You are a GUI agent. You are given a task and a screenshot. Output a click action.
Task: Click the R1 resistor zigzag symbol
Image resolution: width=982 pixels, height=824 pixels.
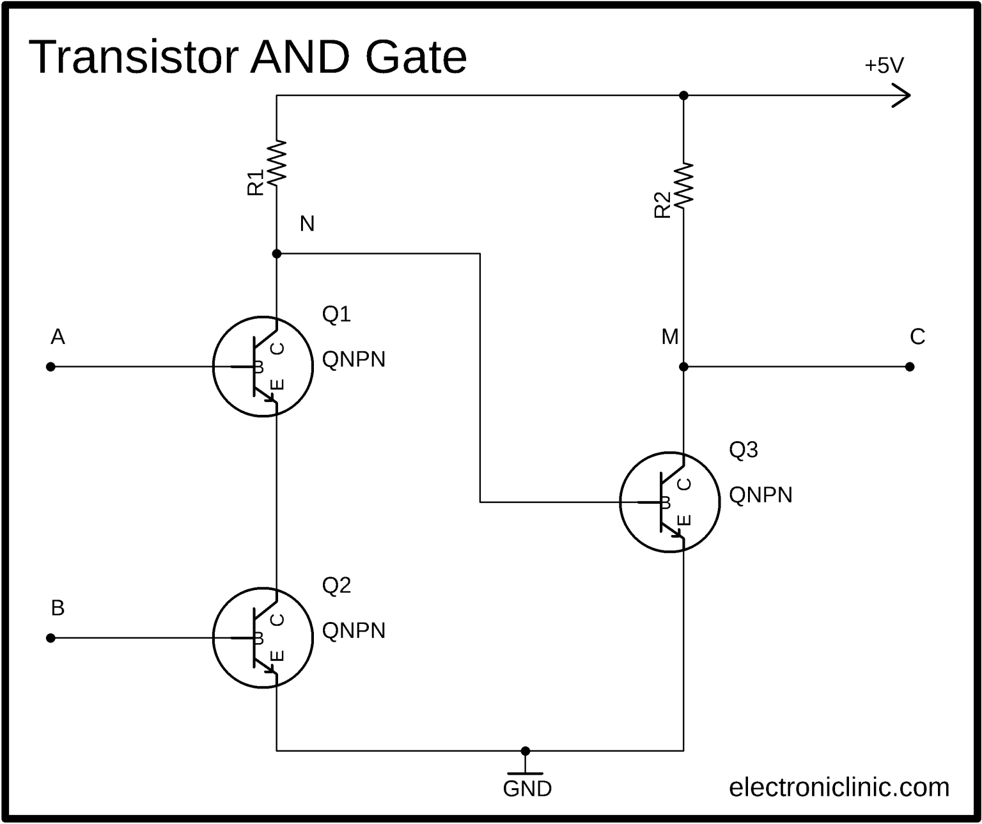[x=277, y=163]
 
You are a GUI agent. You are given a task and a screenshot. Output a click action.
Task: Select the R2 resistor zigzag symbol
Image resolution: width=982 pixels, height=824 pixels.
[x=683, y=185]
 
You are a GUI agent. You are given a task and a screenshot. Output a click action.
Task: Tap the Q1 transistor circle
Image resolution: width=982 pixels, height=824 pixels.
[x=263, y=366]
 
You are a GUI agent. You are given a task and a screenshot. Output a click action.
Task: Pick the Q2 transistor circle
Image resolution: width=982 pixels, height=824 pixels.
[x=263, y=637]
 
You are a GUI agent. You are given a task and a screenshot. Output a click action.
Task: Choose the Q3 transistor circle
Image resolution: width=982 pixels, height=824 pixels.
[x=670, y=502]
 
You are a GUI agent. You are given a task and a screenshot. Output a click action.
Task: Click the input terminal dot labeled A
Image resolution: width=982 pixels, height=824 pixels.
[x=51, y=367]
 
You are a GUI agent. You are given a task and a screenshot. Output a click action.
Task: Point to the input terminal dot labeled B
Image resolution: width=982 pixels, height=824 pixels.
[x=51, y=638]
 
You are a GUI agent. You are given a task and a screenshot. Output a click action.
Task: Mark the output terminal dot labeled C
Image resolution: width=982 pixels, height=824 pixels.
[x=910, y=367]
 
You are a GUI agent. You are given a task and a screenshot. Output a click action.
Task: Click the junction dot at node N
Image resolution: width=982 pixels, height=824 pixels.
[x=277, y=254]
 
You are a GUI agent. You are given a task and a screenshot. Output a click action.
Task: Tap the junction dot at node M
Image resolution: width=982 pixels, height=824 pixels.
[x=683, y=367]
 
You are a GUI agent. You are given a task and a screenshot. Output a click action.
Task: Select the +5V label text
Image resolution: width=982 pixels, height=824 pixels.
[x=884, y=66]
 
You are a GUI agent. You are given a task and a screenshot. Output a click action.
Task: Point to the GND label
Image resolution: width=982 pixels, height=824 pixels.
[x=527, y=789]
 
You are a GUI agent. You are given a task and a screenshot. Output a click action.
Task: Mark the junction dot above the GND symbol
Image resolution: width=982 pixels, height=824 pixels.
[x=526, y=750]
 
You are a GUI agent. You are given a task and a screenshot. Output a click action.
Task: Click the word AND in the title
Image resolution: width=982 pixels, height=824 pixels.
[x=300, y=57]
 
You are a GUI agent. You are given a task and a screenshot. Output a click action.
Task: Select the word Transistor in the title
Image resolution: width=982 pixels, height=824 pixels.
[x=134, y=57]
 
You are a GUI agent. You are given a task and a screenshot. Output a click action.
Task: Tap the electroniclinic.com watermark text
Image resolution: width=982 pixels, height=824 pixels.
[x=839, y=787]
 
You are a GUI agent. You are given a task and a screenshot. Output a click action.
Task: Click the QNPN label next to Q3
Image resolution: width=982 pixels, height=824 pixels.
[x=761, y=495]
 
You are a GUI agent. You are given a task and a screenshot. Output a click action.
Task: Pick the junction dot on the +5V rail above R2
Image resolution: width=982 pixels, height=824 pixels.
[x=683, y=95]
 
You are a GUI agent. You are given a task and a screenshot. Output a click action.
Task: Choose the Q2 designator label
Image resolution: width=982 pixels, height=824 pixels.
[x=336, y=585]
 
